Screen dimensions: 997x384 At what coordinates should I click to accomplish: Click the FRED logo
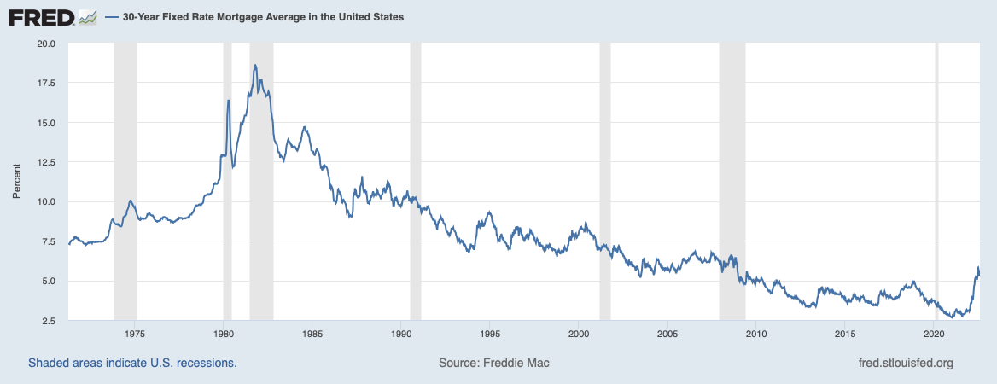click(x=52, y=18)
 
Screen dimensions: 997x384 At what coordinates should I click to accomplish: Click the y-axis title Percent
click(x=17, y=182)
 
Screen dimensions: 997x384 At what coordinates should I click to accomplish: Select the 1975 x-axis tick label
click(x=134, y=334)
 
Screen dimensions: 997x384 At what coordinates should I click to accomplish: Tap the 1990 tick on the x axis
click(x=400, y=334)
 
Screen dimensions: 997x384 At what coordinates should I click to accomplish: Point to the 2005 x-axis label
click(x=667, y=334)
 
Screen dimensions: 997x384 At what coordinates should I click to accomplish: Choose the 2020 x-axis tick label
click(x=933, y=334)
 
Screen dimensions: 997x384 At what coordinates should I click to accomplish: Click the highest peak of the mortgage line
click(x=255, y=65)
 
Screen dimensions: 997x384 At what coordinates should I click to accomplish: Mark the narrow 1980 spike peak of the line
click(x=228, y=101)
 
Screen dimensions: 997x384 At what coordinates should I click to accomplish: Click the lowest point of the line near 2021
click(x=952, y=317)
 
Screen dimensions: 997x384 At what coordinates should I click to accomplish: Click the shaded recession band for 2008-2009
click(x=732, y=182)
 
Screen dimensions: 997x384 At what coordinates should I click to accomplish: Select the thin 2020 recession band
click(x=936, y=182)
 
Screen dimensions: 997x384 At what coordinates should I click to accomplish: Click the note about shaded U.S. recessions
click(x=132, y=363)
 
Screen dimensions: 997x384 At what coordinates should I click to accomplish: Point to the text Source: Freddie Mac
click(x=494, y=363)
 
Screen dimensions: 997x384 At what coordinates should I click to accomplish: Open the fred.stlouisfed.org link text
click(x=906, y=363)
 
